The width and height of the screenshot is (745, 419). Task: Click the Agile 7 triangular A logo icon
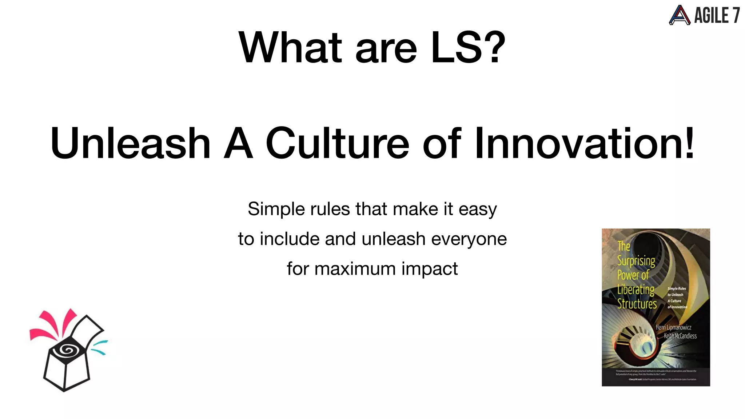[x=679, y=15]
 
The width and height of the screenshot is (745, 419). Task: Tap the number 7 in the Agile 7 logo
[x=736, y=16]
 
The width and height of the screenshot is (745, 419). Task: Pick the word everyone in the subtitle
[x=469, y=239]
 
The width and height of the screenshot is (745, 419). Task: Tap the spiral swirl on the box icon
[x=66, y=350]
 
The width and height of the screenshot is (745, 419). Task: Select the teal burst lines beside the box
[x=99, y=347]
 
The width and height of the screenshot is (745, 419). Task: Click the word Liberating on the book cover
[x=636, y=290]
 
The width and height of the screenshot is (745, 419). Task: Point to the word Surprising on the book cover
[x=636, y=261]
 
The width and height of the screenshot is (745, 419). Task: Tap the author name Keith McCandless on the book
[x=680, y=336]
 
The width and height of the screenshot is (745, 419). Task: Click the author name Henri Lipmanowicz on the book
[x=673, y=327]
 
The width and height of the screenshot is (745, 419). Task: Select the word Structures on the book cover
[x=637, y=304]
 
